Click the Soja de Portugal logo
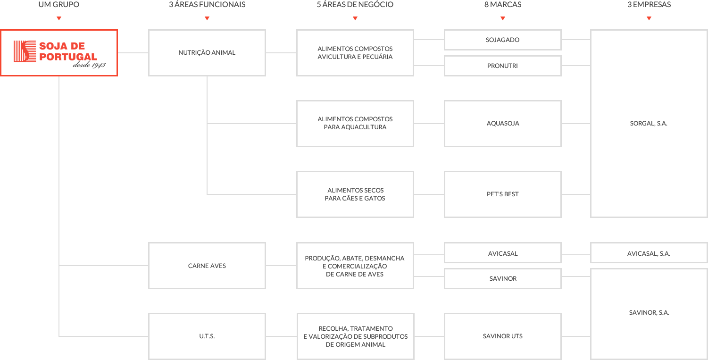tap(59, 53)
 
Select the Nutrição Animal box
tap(207, 53)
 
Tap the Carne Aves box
tap(207, 266)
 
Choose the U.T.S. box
tap(207, 336)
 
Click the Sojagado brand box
tap(502, 40)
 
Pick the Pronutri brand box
tap(502, 66)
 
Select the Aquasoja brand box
tap(502, 124)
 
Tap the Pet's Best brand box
tap(502, 194)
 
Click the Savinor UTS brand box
tap(502, 336)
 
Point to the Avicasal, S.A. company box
tap(649, 253)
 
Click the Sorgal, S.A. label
tap(649, 124)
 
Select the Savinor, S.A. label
tap(649, 313)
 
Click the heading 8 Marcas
tap(502, 5)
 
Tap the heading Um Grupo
tap(59, 5)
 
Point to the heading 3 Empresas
tap(649, 5)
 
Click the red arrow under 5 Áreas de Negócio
tap(355, 19)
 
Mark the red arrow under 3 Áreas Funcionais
tap(207, 19)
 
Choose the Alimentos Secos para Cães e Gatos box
tap(355, 194)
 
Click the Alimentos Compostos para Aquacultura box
tap(355, 124)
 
